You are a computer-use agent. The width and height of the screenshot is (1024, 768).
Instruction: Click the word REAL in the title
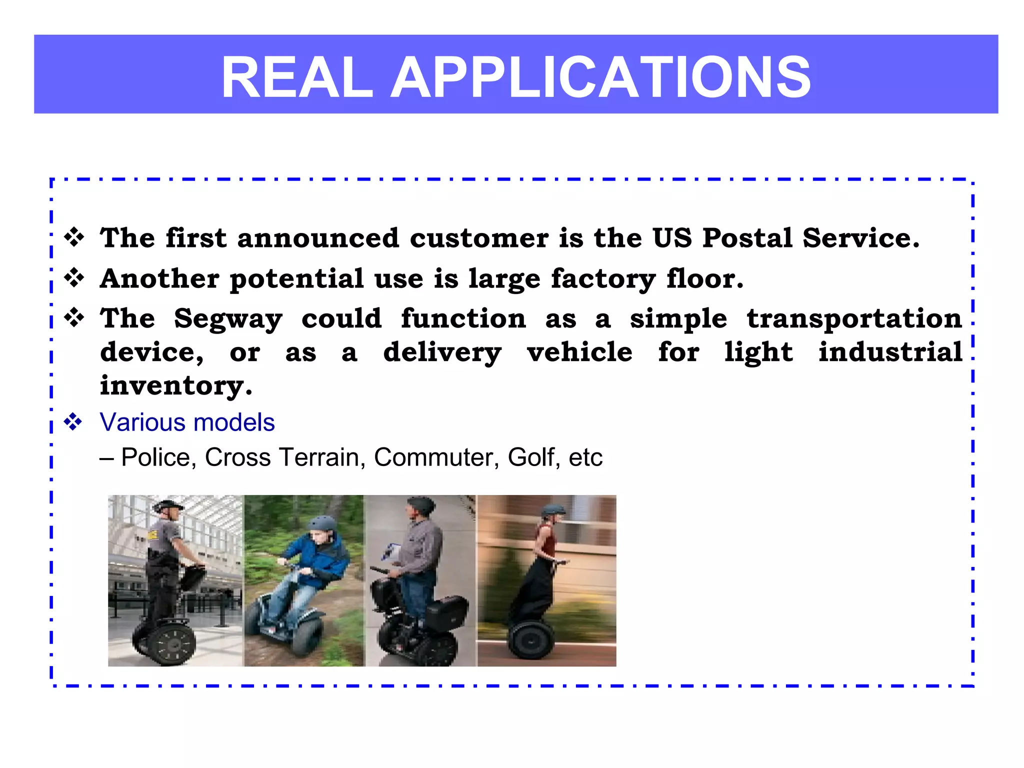click(297, 77)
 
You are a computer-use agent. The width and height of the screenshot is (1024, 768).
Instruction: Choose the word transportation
click(854, 319)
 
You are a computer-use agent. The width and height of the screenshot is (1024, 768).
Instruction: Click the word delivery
click(442, 353)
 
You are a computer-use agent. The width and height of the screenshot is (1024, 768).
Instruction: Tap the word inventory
click(175, 386)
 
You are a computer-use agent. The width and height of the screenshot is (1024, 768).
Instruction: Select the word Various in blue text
click(142, 422)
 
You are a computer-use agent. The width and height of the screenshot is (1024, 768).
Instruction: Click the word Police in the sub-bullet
click(155, 457)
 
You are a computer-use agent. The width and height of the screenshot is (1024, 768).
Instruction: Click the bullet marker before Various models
click(73, 422)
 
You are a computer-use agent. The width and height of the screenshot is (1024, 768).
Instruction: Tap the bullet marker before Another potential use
click(74, 278)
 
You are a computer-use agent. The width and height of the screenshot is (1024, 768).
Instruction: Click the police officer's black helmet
click(168, 506)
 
